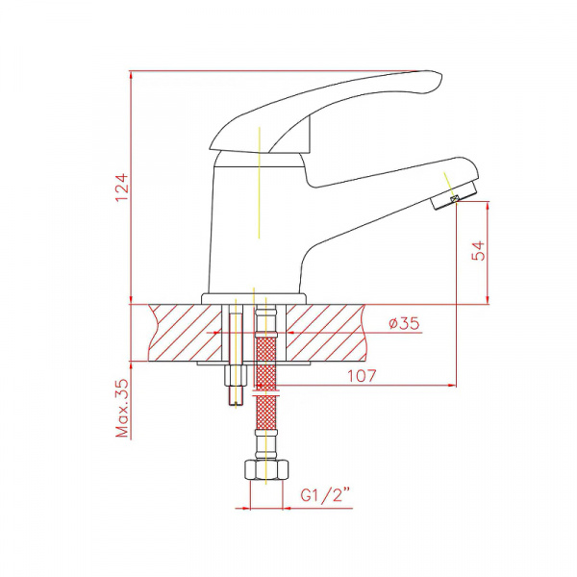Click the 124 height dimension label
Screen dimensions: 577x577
(122, 187)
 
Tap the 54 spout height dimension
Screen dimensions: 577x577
(478, 251)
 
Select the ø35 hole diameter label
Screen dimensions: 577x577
(404, 323)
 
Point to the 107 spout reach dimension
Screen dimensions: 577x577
(363, 376)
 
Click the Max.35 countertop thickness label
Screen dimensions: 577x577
(122, 409)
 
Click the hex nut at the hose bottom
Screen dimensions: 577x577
(266, 470)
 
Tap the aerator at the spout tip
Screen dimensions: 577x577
(453, 196)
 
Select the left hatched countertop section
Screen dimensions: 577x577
(186, 333)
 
